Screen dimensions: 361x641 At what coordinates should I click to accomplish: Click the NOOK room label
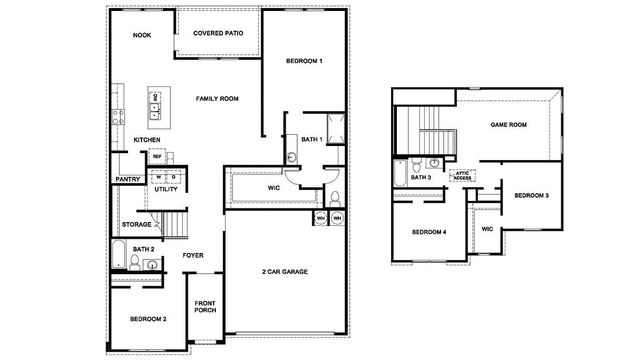tap(142, 35)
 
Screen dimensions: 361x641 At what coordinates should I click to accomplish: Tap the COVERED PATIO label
tap(218, 33)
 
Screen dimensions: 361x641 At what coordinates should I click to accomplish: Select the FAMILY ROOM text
tap(217, 99)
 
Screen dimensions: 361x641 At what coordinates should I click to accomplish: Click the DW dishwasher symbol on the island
tap(155, 98)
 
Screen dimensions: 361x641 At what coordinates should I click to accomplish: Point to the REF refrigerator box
tap(157, 156)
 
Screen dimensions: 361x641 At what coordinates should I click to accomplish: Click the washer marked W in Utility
tap(159, 177)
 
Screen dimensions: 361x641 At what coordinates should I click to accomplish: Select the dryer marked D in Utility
tap(174, 177)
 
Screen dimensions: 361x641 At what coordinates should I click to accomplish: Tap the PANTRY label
tap(128, 180)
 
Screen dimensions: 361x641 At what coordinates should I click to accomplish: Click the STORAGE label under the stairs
tap(137, 224)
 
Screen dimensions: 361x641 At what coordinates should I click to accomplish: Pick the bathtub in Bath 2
tap(118, 255)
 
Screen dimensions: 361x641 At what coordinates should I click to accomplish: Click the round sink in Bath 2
tap(153, 265)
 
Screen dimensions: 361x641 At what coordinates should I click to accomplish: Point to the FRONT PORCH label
tap(205, 307)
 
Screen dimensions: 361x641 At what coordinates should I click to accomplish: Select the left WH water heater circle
tap(320, 218)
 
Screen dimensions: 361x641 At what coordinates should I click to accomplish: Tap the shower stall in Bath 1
tap(335, 129)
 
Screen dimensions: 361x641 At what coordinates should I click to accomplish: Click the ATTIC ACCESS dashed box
tap(462, 175)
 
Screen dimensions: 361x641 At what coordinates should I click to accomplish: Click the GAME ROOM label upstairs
tap(508, 125)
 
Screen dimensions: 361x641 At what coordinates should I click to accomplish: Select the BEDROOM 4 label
tap(429, 232)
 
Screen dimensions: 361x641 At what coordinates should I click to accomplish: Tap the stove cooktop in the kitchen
tap(118, 117)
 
